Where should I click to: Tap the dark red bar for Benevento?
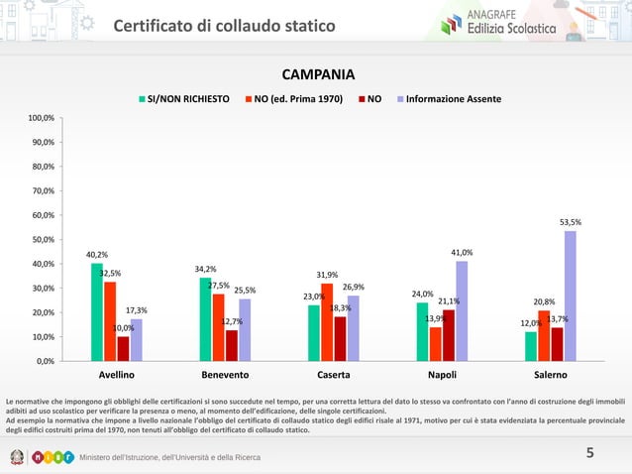point(232,345)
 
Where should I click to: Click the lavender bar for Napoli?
point(462,310)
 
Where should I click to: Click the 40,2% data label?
point(97,255)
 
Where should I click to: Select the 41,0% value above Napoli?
point(462,253)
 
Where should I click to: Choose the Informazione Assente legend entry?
point(448,99)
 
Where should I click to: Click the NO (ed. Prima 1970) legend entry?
point(298,99)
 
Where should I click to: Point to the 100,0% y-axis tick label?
point(42,118)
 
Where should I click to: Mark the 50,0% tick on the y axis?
point(42,239)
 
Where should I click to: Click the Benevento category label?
point(225,376)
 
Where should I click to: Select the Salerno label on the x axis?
point(550,376)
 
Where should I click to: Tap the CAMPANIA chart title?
point(319,76)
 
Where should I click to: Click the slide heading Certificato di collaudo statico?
point(224,25)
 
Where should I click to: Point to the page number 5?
point(589,453)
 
